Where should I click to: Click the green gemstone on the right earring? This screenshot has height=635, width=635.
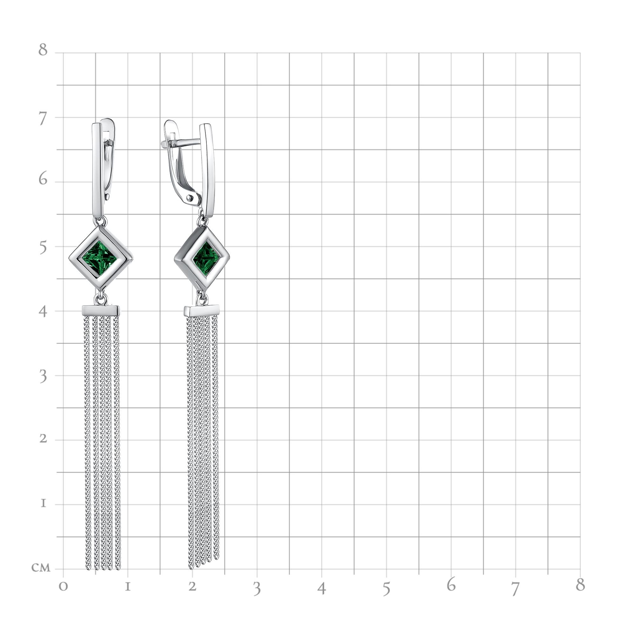point(206,258)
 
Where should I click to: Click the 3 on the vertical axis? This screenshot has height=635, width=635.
point(43,377)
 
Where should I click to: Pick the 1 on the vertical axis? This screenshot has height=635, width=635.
point(43,504)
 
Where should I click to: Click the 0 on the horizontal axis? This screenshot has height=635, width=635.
point(63,587)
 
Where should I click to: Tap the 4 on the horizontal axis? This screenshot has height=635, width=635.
point(322,588)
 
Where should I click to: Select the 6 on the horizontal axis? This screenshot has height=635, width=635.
point(451,585)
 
